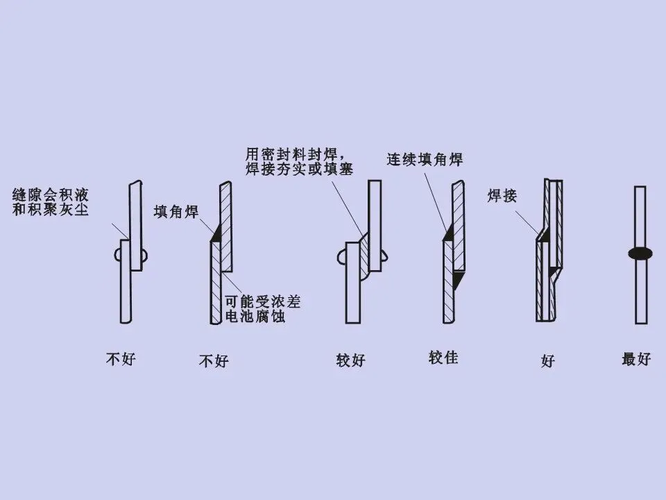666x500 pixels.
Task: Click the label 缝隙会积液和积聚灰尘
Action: tap(51, 201)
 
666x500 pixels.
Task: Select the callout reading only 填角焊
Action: tap(176, 212)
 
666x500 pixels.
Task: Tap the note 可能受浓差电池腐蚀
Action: tap(263, 310)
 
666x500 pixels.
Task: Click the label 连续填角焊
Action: tap(425, 159)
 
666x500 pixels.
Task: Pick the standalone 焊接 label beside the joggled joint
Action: tap(502, 197)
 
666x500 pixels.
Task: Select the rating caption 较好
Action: tap(351, 360)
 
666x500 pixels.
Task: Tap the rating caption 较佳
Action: tap(443, 358)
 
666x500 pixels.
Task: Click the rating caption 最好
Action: tap(636, 360)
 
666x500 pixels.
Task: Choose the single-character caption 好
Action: tap(548, 361)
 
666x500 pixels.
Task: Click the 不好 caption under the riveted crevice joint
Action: tap(121, 360)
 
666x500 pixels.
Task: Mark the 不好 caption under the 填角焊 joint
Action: tap(214, 361)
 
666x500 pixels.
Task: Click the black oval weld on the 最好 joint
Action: tap(640, 253)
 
